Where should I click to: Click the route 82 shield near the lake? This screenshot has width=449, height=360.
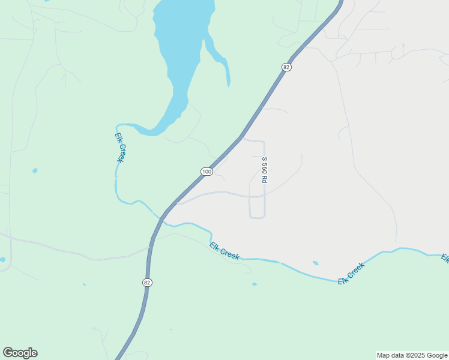(x=286, y=67)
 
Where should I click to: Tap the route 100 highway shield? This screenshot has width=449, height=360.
(x=206, y=172)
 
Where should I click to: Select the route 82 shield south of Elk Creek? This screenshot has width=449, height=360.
(x=147, y=282)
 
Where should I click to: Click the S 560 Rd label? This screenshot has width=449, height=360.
(x=264, y=170)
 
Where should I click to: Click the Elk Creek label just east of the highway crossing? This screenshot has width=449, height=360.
(x=224, y=251)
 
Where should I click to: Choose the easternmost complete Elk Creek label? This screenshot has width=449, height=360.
(x=351, y=273)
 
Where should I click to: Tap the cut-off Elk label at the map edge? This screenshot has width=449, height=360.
(x=445, y=258)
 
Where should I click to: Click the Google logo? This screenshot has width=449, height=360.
(x=20, y=353)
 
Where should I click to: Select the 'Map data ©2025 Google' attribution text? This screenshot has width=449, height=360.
(x=412, y=355)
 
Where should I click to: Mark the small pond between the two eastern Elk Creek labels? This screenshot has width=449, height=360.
(x=316, y=263)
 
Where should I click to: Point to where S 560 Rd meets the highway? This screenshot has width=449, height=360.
(x=242, y=139)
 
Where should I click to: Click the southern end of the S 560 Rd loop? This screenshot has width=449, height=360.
(x=257, y=217)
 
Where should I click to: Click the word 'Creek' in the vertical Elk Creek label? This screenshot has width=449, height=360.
(x=121, y=152)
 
